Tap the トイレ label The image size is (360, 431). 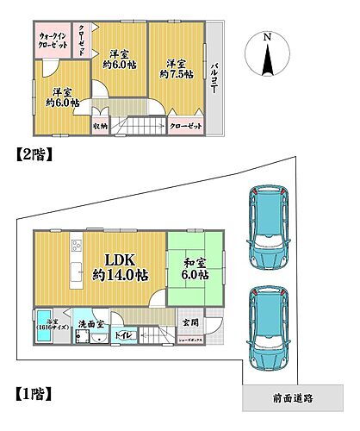pos(123,333)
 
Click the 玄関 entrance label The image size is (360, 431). pos(189,322)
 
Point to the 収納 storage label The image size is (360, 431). pos(100,126)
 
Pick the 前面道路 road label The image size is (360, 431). pos(289,399)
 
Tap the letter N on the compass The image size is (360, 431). pos(267,37)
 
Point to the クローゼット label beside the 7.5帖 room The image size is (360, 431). pos(185,126)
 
